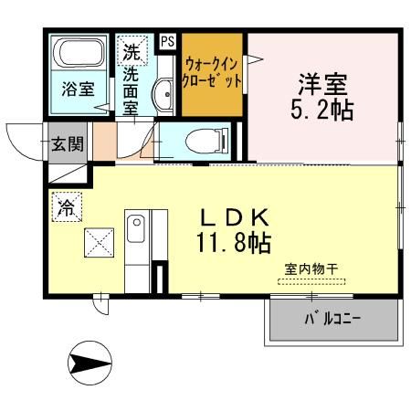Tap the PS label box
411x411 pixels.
pos(167,41)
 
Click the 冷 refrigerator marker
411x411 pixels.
pos(67,207)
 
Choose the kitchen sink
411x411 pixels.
pos(136,228)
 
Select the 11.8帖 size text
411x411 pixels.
pos(231,244)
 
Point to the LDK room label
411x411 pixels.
pos(233,218)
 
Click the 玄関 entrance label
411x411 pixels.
pos(66,143)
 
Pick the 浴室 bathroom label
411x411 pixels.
pos(79,90)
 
